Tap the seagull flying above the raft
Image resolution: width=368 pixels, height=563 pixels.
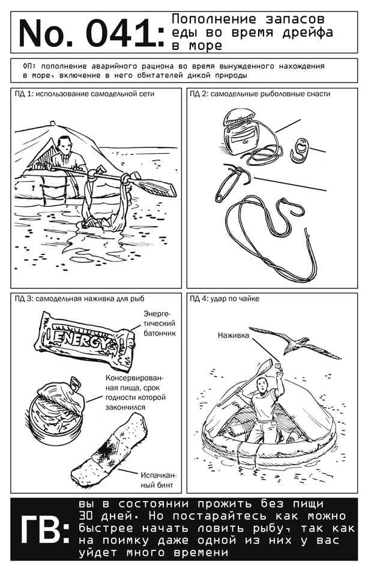[295, 342]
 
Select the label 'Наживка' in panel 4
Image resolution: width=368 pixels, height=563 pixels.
[234, 336]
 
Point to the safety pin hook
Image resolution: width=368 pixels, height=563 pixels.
[231, 183]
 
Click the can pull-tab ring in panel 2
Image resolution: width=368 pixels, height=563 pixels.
[300, 150]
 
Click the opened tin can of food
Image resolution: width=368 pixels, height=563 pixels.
[58, 410]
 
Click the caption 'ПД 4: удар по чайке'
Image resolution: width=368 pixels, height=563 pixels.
[225, 299]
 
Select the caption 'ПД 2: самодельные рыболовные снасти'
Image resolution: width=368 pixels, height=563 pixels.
[260, 94]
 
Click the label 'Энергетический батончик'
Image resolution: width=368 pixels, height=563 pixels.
[160, 323]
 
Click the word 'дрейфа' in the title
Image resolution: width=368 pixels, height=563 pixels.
[307, 32]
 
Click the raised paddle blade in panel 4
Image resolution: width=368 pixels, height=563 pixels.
[265, 368]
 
